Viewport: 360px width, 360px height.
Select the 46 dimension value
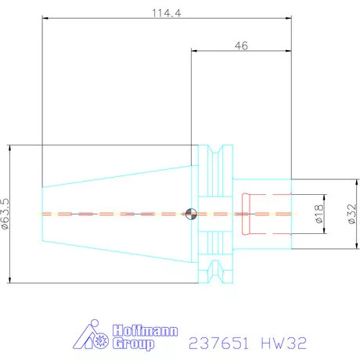241,46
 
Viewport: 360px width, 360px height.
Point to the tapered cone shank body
117,213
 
